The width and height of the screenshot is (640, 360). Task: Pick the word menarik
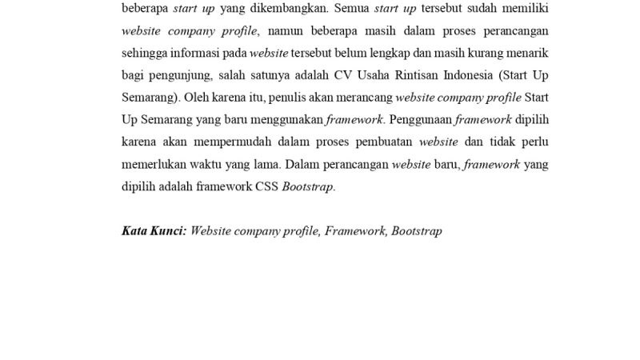[526, 54]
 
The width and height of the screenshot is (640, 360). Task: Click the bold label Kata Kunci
[154, 231]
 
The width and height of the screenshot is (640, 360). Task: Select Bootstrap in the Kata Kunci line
[417, 231]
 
